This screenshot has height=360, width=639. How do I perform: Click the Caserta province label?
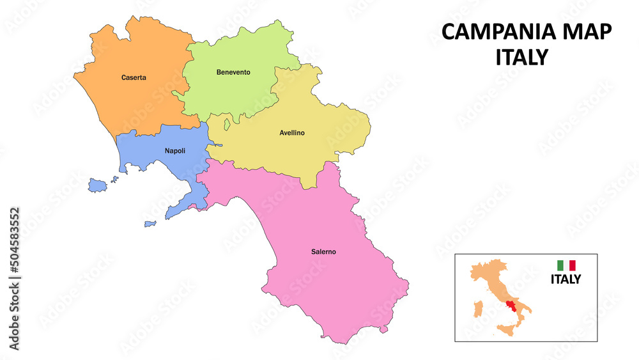[134, 78]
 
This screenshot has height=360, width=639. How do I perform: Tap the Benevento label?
[233, 72]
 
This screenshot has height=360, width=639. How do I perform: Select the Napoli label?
[175, 151]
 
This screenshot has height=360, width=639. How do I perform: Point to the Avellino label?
[292, 133]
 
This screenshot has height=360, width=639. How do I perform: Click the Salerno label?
[323, 252]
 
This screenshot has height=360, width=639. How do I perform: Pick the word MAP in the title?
[587, 31]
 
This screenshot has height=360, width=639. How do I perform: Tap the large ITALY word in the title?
[521, 58]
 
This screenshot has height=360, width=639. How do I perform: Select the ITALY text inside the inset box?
[566, 279]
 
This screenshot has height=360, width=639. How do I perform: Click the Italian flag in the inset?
[566, 265]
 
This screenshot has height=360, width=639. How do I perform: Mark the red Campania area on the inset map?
[510, 306]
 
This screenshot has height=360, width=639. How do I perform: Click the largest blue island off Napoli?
[97, 185]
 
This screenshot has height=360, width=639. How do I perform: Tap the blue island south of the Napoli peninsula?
[150, 224]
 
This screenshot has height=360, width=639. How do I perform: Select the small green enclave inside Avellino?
[226, 123]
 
